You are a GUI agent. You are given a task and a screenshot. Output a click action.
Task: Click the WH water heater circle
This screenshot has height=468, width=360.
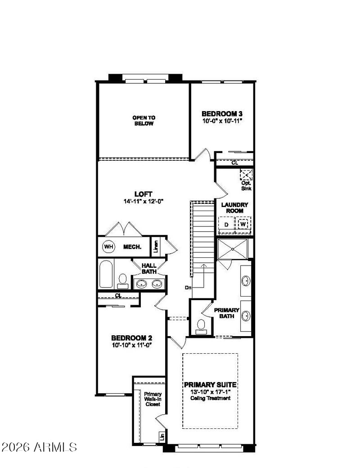tap(108, 247)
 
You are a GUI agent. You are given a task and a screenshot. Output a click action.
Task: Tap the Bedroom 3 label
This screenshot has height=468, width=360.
tap(222, 114)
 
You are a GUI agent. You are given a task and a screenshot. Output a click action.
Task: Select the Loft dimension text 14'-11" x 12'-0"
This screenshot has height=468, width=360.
tap(143, 202)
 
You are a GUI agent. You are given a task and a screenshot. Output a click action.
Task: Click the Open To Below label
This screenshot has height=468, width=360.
tap(144, 121)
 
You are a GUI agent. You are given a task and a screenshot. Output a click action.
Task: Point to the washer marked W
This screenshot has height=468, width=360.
tap(243, 224)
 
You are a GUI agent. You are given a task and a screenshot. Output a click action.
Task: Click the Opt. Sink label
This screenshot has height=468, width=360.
tap(246, 186)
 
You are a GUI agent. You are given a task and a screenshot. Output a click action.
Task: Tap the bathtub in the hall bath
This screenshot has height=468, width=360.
tap(106, 274)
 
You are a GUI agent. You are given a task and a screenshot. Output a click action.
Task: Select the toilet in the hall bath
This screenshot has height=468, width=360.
tap(123, 281)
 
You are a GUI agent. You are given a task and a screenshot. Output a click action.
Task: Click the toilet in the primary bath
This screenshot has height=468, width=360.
tap(201, 326)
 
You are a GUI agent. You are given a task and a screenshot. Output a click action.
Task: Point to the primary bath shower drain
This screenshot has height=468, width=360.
tap(232, 248)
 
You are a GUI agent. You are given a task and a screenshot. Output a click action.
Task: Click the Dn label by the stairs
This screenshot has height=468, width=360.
tap(188, 288)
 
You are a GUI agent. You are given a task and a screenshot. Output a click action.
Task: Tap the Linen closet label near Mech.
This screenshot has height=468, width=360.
tap(156, 247)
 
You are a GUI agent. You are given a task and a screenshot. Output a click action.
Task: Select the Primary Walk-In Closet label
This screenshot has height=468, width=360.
tap(153, 399)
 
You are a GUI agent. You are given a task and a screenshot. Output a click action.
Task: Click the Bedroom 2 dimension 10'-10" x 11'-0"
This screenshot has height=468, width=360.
tap(132, 345)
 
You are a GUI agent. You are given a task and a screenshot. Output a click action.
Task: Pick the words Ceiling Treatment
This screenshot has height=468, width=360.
tap(211, 398)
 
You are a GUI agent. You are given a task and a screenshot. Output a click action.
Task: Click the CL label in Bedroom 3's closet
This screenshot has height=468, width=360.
tap(235, 163)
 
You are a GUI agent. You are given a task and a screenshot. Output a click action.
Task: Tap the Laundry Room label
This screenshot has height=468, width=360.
tap(234, 208)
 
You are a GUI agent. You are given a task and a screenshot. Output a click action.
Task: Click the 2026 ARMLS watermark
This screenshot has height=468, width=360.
tap(40, 447)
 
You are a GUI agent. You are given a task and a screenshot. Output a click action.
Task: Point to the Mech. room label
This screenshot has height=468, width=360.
tap(132, 247)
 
